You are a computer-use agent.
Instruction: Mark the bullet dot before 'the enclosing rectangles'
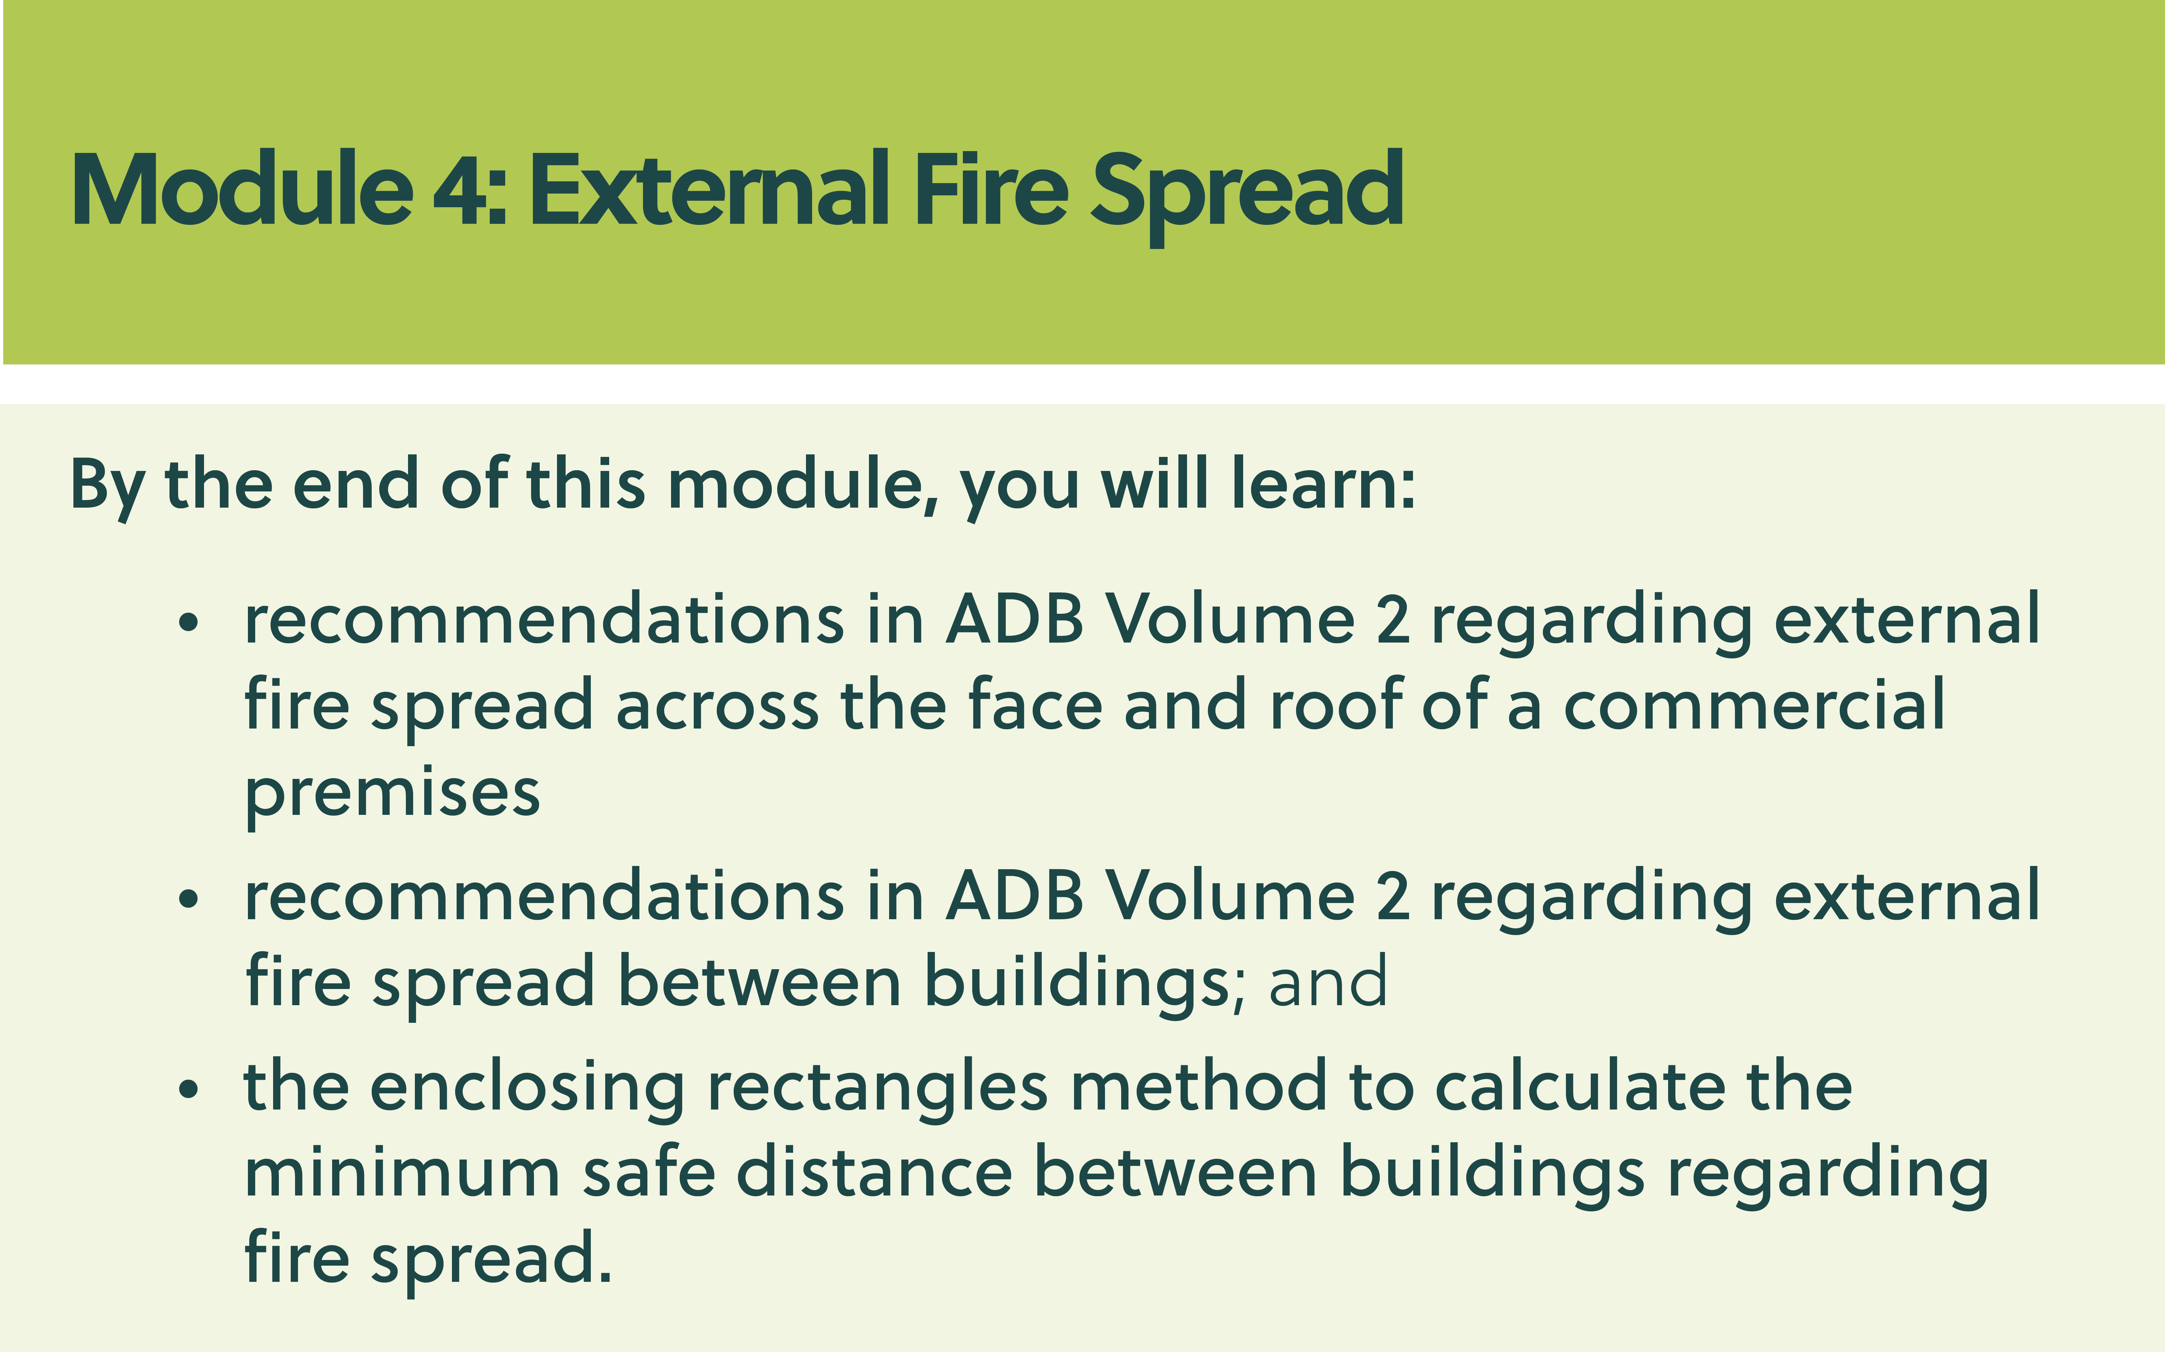click(x=188, y=1089)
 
